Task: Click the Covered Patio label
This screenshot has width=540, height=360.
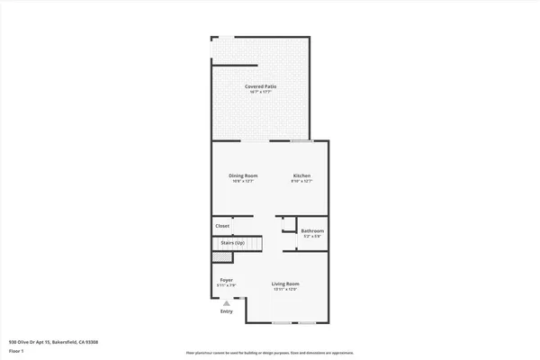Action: click(x=261, y=86)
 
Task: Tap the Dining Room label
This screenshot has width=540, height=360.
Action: click(x=243, y=175)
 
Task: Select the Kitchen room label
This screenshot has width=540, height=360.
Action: click(x=301, y=175)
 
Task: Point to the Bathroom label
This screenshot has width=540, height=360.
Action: click(x=312, y=231)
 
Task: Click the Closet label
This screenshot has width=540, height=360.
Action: click(x=222, y=226)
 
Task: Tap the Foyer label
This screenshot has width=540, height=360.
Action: click(x=227, y=280)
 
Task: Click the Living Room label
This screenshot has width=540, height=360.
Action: click(x=285, y=284)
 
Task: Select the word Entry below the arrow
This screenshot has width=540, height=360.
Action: click(x=227, y=311)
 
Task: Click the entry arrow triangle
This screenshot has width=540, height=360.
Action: click(x=227, y=303)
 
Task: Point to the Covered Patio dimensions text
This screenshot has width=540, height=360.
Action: click(x=261, y=92)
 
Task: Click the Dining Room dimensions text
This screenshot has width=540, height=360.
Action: click(x=243, y=181)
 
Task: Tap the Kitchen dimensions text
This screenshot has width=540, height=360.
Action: click(x=301, y=181)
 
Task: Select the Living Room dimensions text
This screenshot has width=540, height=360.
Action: click(x=285, y=290)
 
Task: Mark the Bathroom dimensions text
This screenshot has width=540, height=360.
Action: click(x=312, y=237)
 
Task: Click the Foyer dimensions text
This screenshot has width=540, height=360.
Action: click(x=227, y=285)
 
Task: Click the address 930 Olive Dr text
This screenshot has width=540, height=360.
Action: click(x=53, y=342)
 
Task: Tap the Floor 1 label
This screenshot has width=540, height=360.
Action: click(x=16, y=350)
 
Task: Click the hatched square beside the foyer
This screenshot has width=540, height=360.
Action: click(x=217, y=256)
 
